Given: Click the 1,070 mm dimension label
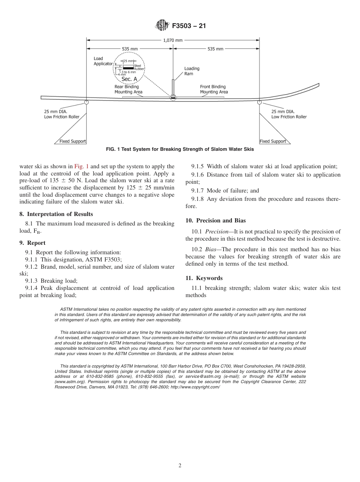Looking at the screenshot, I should (173, 40).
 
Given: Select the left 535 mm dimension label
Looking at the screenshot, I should (130, 49).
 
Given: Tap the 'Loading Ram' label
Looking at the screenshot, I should (192, 71).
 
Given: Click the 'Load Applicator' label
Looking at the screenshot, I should (103, 61).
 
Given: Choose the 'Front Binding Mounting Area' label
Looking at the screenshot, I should (214, 89).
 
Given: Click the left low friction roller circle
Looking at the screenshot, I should (86, 102).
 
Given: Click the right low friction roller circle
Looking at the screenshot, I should (260, 102).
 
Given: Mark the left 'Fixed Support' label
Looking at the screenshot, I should (73, 141).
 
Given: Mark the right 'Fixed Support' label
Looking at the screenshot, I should (273, 141).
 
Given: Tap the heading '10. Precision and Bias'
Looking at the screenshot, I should (216, 221).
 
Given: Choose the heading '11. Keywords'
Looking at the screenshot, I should (204, 278).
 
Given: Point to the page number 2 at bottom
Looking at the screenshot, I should (180, 466).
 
